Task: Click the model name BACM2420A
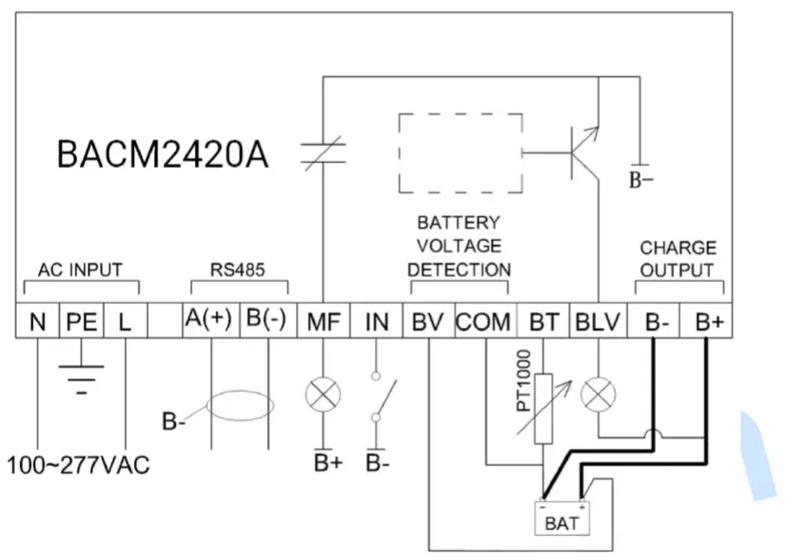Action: (x=162, y=154)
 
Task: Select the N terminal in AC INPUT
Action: (x=37, y=322)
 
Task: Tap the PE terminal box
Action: (x=81, y=322)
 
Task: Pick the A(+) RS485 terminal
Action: (x=210, y=322)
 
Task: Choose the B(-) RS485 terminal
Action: (x=267, y=322)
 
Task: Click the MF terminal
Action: (x=324, y=322)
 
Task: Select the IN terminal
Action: (x=376, y=322)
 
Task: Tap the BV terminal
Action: (x=428, y=322)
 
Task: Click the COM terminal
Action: (x=483, y=322)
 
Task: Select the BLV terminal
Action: (x=598, y=322)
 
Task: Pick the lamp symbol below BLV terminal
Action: (x=598, y=394)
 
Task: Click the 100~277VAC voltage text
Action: (x=78, y=465)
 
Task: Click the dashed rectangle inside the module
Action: (x=461, y=153)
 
